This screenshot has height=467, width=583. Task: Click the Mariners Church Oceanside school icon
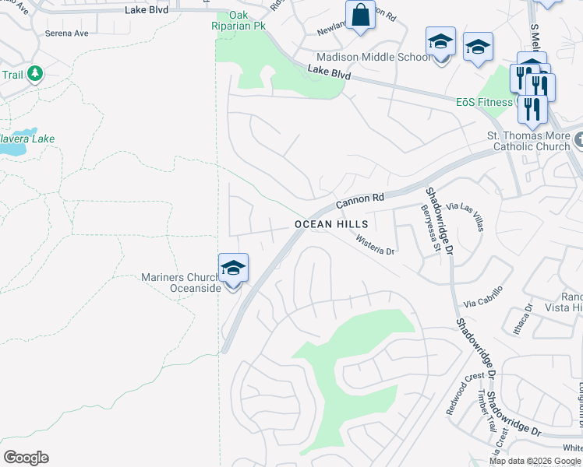tap(233, 269)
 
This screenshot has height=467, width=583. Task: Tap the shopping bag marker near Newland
tap(360, 16)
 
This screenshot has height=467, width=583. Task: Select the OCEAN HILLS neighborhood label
tap(330, 224)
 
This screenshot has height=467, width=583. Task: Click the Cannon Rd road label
tap(361, 202)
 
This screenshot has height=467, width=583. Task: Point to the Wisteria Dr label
tap(376, 245)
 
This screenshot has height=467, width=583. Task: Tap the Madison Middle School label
tap(373, 57)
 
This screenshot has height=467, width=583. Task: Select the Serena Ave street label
tap(66, 33)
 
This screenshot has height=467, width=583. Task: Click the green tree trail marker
tap(34, 74)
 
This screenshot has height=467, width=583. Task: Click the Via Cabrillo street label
tap(483, 296)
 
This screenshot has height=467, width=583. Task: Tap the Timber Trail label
tap(486, 410)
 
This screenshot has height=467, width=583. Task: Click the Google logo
tap(26, 458)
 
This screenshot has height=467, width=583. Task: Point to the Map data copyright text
tap(535, 461)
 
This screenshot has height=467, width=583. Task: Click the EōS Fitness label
tap(485, 101)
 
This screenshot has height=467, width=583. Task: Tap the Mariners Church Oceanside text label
tap(181, 283)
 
